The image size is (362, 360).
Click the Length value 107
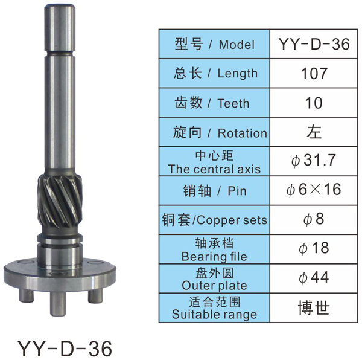[x=314, y=74]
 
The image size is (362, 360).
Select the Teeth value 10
[x=314, y=103]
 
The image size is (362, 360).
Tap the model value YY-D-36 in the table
[x=314, y=44]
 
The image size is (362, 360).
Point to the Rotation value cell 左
[x=314, y=132]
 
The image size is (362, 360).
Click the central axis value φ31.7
[x=313, y=160]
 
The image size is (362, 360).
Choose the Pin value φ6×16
[x=314, y=190]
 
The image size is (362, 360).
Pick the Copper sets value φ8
[x=314, y=219]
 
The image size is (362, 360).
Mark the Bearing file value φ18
[x=314, y=248]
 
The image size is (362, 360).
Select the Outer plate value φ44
[x=314, y=277]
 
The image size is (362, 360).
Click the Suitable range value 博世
[x=314, y=308]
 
